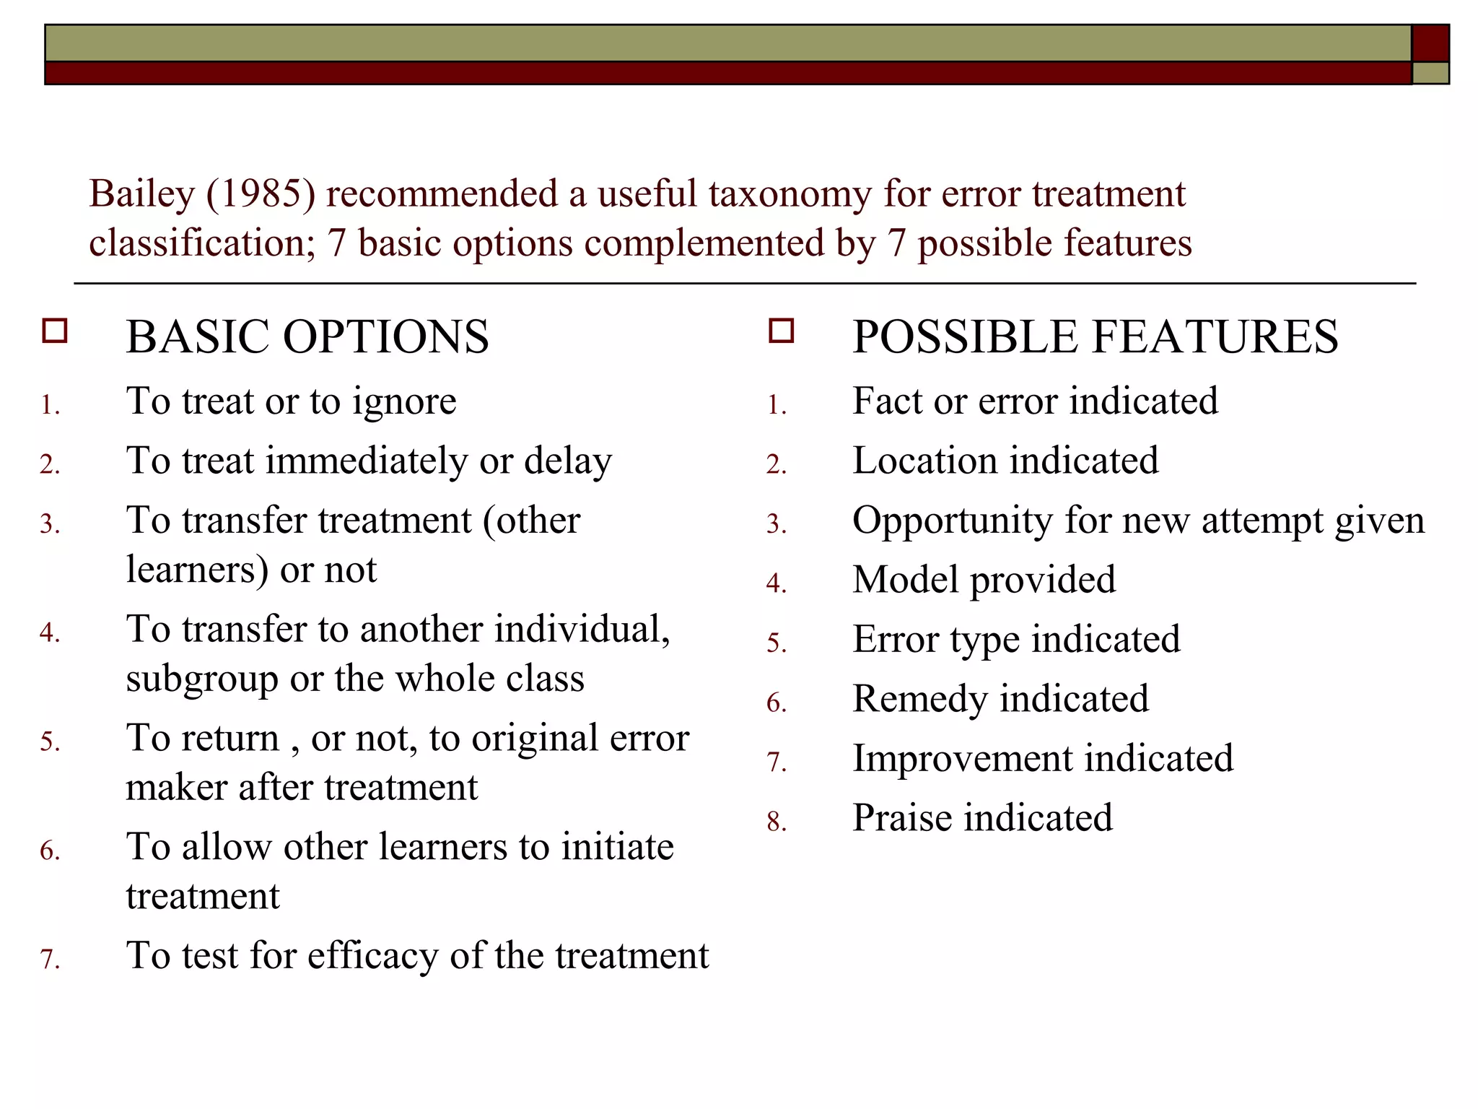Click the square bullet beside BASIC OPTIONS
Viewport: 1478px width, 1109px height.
coord(55,331)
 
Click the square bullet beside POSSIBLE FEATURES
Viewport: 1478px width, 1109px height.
coord(782,331)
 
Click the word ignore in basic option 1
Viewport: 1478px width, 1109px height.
coord(404,401)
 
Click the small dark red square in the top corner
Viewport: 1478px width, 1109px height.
coord(1430,43)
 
